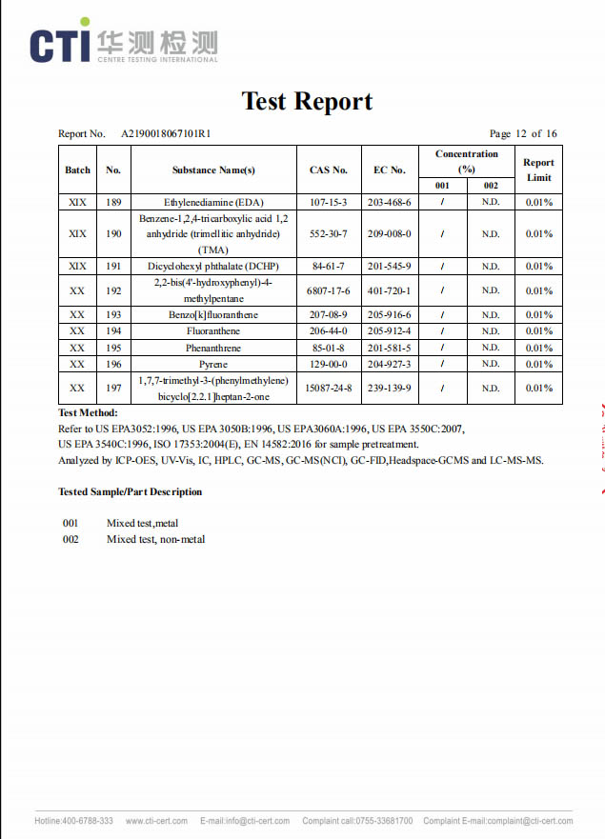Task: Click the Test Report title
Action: pos(307,101)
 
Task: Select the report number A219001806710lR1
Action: pos(165,134)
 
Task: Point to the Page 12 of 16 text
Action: pos(523,134)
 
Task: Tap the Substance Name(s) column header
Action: pos(213,170)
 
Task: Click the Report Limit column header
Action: pos(538,170)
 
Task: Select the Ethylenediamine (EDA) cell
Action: pos(213,202)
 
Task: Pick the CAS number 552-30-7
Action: pos(329,233)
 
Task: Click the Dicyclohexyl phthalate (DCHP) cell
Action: pos(213,266)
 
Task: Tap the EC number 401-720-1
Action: pos(389,290)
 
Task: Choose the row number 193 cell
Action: pos(113,315)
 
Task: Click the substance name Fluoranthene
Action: pos(213,331)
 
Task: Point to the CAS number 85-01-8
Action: pos(329,348)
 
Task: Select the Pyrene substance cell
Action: pos(213,364)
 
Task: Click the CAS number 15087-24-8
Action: pos(329,388)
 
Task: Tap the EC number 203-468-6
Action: pos(389,202)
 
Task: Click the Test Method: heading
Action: pos(88,412)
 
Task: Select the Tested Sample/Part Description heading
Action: pos(130,491)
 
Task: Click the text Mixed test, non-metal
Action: pos(155,540)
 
